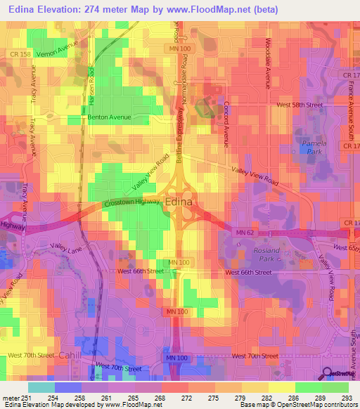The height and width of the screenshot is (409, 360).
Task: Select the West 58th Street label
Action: pos(299,105)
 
